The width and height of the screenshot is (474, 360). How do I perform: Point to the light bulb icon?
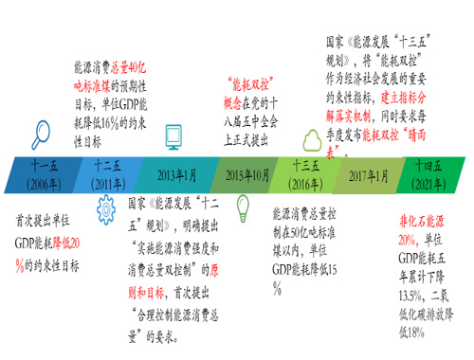pos(243,207)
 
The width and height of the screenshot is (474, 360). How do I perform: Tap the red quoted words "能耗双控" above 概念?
pos(253,84)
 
